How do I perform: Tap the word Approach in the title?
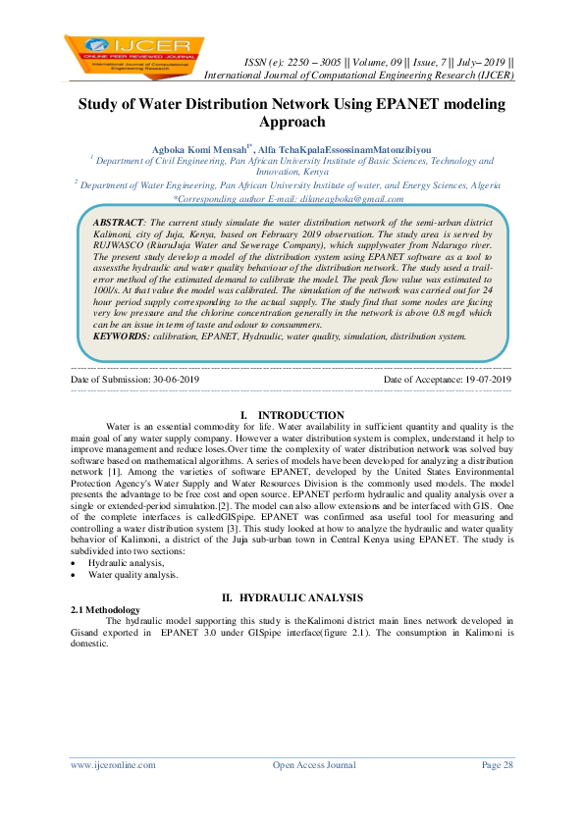tap(292, 122)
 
